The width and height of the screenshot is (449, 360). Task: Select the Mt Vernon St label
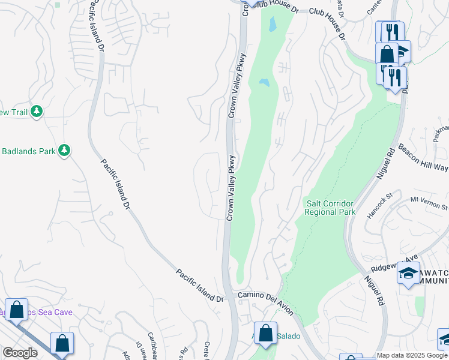tap(429, 203)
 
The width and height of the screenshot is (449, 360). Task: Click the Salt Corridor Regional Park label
tap(330, 208)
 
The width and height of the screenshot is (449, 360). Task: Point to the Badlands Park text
tap(27, 151)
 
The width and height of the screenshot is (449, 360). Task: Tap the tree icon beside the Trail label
tap(37, 112)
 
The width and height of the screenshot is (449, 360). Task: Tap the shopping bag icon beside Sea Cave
tap(17, 310)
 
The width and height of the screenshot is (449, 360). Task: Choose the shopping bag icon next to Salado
tap(265, 334)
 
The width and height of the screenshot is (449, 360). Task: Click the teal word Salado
tap(288, 336)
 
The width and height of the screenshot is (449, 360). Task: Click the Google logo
tap(20, 353)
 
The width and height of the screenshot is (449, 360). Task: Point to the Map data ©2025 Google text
tap(412, 355)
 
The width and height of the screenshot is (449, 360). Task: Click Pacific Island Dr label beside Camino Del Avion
tap(199, 285)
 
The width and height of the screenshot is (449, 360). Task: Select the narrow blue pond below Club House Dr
tap(273, 24)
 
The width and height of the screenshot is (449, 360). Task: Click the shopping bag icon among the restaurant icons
tap(387, 54)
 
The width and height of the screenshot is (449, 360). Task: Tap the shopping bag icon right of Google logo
tap(62, 344)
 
